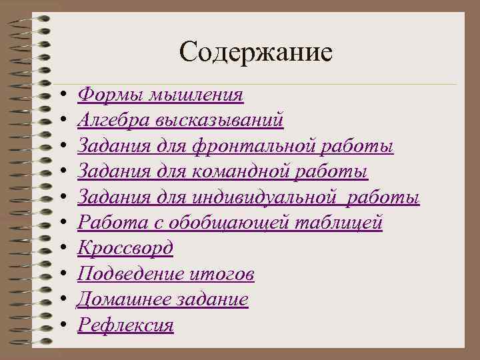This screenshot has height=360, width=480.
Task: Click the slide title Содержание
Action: pyautogui.click(x=255, y=51)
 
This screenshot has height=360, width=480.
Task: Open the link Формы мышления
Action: pyautogui.click(x=160, y=95)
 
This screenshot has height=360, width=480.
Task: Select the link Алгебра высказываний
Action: pyautogui.click(x=181, y=121)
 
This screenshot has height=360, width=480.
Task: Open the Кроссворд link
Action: pyautogui.click(x=125, y=248)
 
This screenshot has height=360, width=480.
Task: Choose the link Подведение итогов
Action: pyautogui.click(x=165, y=274)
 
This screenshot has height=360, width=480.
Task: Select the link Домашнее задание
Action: pyautogui.click(x=163, y=299)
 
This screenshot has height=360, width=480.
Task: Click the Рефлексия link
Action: pyautogui.click(x=125, y=325)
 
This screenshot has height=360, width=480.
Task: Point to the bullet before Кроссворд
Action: pyautogui.click(x=61, y=249)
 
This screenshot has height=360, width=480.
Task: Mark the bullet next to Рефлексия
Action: pyautogui.click(x=61, y=325)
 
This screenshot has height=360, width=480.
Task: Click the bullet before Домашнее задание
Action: pyautogui.click(x=61, y=300)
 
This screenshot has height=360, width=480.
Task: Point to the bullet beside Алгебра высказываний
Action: pyautogui.click(x=61, y=121)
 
